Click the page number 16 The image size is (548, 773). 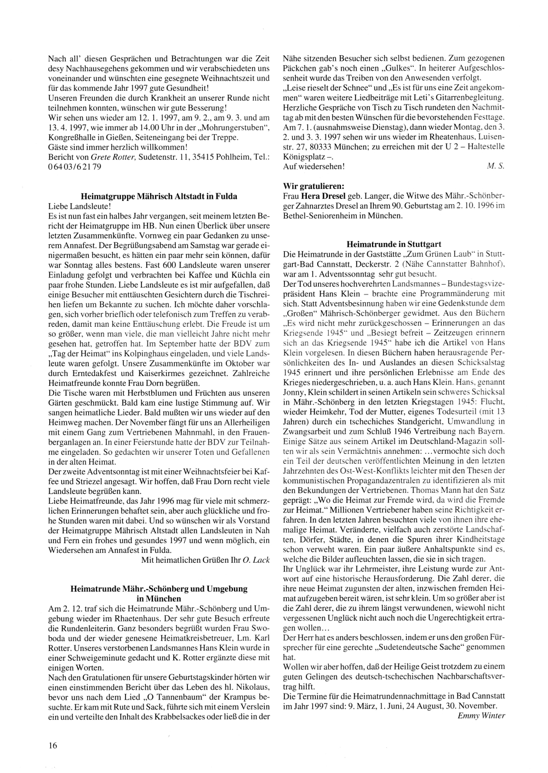(53, 745)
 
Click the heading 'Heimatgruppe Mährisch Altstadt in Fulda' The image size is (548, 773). (159, 195)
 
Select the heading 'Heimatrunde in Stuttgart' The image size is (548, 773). (394, 244)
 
